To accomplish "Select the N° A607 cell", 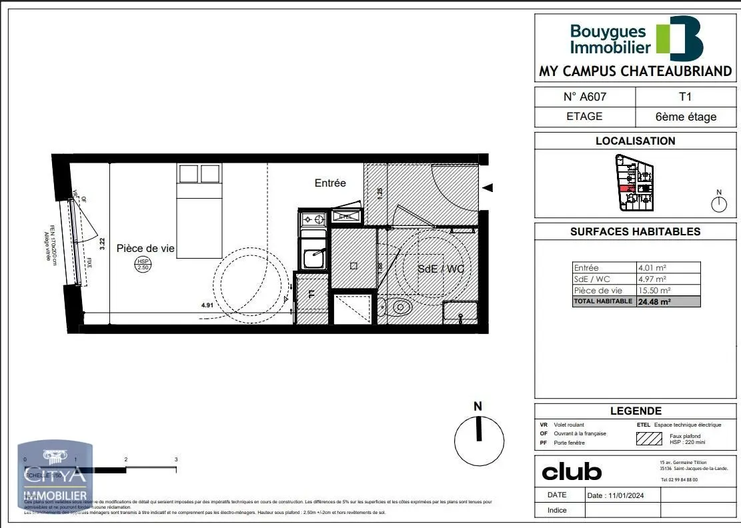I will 585,97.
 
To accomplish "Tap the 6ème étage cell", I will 686,117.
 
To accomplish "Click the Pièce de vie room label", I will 145,248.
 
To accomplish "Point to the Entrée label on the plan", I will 330,183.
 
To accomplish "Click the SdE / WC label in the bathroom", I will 441,269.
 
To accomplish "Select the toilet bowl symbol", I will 400,307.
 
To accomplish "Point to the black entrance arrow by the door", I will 488,188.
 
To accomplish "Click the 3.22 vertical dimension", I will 103,243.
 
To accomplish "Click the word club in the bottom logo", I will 572,472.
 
